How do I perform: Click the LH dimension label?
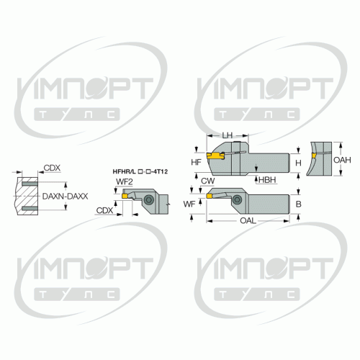click(x=227, y=135)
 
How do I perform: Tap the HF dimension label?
click(x=196, y=163)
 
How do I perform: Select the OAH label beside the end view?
click(x=342, y=160)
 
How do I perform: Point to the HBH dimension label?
click(x=267, y=180)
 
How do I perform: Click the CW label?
click(x=207, y=181)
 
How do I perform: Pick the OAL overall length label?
click(x=248, y=220)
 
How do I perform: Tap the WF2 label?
click(x=125, y=181)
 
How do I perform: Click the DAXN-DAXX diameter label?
click(x=65, y=197)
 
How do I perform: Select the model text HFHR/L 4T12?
click(x=140, y=171)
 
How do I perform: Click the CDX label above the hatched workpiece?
click(x=52, y=168)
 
